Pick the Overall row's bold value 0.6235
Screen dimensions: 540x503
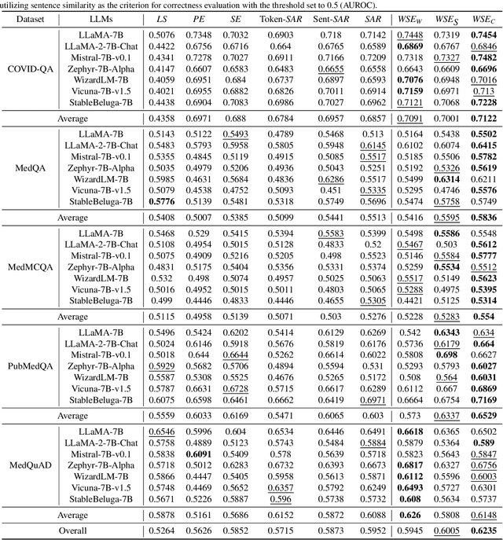click(x=483, y=532)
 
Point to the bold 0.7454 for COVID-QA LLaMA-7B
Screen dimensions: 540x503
click(x=483, y=35)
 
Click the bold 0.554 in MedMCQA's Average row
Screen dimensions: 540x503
click(x=483, y=316)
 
